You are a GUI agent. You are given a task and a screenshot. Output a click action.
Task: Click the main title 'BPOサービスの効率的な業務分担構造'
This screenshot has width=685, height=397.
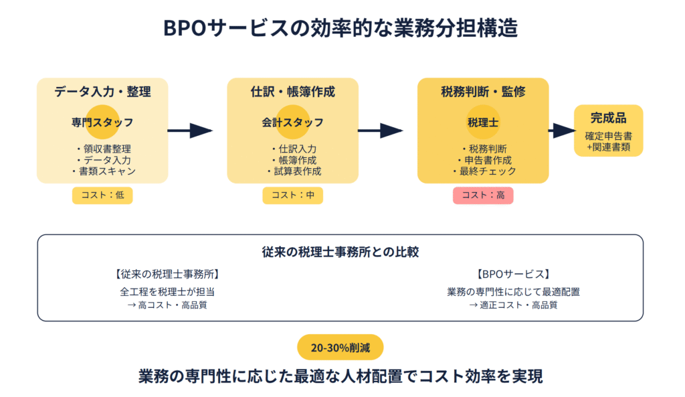coord(340,28)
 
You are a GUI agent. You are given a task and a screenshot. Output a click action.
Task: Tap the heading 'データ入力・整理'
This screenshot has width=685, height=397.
coord(102,92)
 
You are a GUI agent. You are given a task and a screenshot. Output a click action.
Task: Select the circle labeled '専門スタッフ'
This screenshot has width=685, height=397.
coord(102,122)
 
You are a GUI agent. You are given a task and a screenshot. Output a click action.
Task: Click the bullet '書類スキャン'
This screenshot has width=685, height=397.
coord(104,171)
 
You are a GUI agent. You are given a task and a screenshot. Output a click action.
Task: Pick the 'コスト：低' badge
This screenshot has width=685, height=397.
coord(102,195)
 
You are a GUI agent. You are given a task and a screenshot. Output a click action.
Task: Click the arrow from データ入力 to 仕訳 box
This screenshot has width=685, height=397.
coord(190,131)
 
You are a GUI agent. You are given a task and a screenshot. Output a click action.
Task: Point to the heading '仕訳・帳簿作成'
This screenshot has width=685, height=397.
coord(293,92)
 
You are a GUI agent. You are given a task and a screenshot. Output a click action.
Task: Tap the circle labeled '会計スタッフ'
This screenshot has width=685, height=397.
coord(293,122)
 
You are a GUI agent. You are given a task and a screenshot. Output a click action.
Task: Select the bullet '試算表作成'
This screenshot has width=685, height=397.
coord(294,171)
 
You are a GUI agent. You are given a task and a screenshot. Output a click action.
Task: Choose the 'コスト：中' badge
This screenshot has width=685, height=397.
coord(293,195)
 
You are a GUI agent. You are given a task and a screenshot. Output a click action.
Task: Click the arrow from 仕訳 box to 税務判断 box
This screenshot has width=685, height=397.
coord(381,131)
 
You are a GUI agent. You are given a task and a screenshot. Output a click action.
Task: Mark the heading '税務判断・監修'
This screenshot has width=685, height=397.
coord(483,92)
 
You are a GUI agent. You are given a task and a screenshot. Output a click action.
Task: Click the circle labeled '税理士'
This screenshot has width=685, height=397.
coord(483,122)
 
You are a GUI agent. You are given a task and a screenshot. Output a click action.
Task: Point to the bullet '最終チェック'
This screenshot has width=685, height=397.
coord(485,171)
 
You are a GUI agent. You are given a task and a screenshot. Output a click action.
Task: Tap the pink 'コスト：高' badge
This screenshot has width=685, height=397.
coord(483,195)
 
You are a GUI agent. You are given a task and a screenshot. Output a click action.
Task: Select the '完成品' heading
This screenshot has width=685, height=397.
coord(609,118)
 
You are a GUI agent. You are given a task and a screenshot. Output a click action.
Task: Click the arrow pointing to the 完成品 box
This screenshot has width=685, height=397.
coord(562,131)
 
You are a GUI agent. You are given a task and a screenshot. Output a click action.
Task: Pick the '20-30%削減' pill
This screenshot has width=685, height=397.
coord(340,347)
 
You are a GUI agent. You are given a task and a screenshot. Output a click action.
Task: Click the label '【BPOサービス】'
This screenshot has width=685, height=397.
coord(513,274)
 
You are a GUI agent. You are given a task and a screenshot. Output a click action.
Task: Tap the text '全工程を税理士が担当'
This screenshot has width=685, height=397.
coord(167,292)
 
